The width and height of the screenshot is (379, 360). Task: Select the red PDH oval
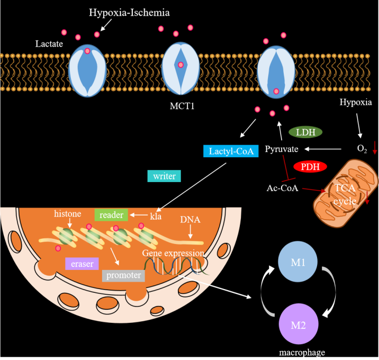[310, 167]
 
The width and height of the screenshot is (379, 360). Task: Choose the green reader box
[112, 214]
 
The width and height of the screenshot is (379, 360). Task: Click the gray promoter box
[123, 275]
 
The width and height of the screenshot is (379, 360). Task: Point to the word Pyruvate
[282, 150]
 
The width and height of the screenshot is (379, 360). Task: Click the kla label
[156, 216]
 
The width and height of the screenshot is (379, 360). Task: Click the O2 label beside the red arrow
[362, 150]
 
